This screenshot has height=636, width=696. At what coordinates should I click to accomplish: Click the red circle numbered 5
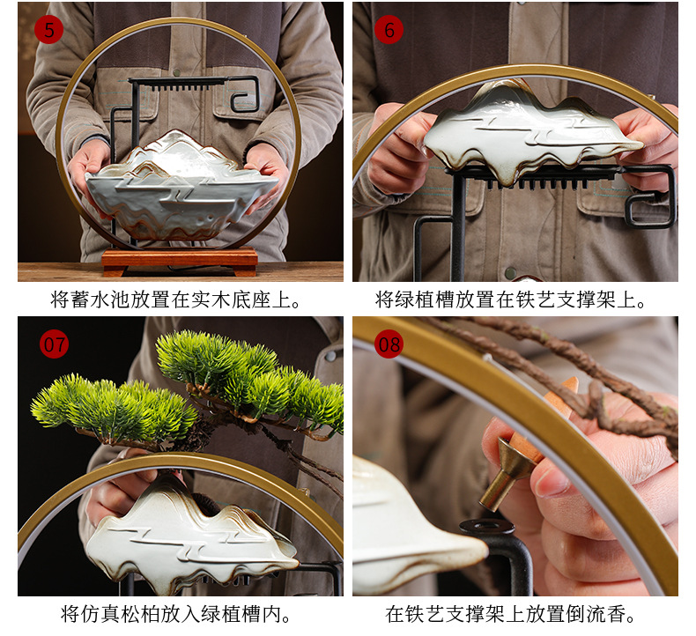(48, 30)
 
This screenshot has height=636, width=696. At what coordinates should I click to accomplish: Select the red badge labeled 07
(55, 344)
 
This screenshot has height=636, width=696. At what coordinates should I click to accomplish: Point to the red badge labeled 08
(389, 344)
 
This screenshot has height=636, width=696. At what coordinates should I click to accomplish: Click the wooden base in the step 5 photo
(180, 261)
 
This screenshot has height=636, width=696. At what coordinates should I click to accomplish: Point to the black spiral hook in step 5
(246, 93)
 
